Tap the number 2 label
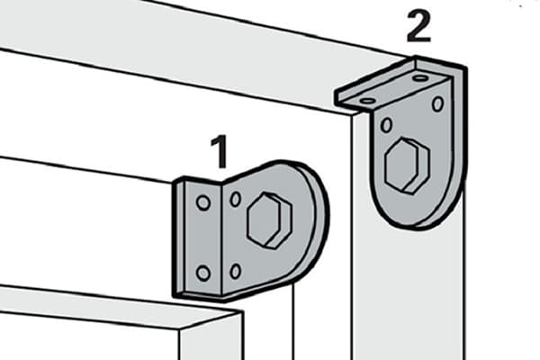tap(418, 26)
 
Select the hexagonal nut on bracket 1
tap(270, 220)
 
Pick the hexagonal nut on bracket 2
tap(408, 166)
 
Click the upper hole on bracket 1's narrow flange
tap(203, 202)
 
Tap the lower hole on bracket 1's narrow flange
tap(203, 273)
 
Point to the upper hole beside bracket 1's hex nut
tap(236, 199)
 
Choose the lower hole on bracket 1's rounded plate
tap(236, 271)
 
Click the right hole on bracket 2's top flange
tap(420, 78)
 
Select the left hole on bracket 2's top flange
tap(368, 101)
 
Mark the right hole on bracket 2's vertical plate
tap(437, 104)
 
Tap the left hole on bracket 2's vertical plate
tap(387, 125)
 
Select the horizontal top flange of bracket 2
tap(392, 85)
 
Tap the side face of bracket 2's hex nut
tap(418, 166)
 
